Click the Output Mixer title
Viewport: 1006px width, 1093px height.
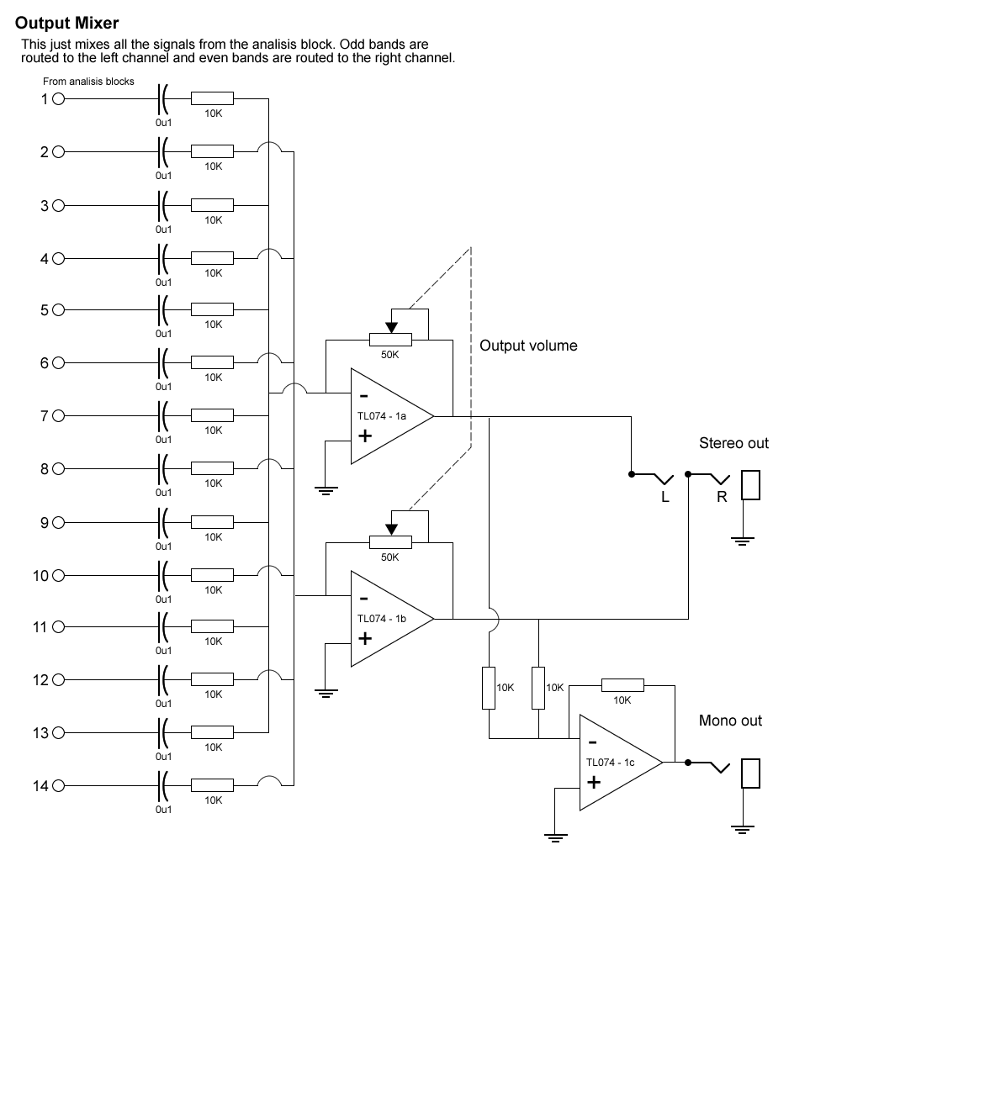tap(67, 24)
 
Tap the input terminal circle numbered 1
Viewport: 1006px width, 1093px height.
tap(58, 99)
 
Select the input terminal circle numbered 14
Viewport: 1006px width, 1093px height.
tap(58, 786)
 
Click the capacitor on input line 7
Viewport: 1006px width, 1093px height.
tap(163, 415)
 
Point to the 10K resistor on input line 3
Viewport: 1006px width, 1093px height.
tap(212, 205)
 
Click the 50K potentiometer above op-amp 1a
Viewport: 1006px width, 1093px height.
tap(390, 339)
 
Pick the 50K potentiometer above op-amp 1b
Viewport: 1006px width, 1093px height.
tap(390, 541)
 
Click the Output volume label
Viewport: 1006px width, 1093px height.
tap(528, 346)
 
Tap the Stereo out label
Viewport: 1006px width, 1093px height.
tap(733, 443)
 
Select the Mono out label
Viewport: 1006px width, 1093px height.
tap(730, 721)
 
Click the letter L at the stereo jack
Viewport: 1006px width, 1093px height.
tap(665, 497)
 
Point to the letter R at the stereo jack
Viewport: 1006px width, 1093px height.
tap(722, 497)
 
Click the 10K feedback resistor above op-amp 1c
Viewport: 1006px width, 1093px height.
tap(622, 685)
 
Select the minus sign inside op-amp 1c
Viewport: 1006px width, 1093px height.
tap(593, 742)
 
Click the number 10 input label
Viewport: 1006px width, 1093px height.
tap(40, 576)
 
